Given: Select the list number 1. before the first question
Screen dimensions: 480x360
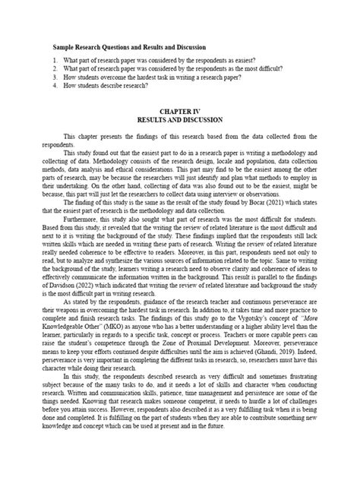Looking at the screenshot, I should pos(57,59).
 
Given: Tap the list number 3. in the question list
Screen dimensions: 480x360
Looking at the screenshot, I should pos(57,76).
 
